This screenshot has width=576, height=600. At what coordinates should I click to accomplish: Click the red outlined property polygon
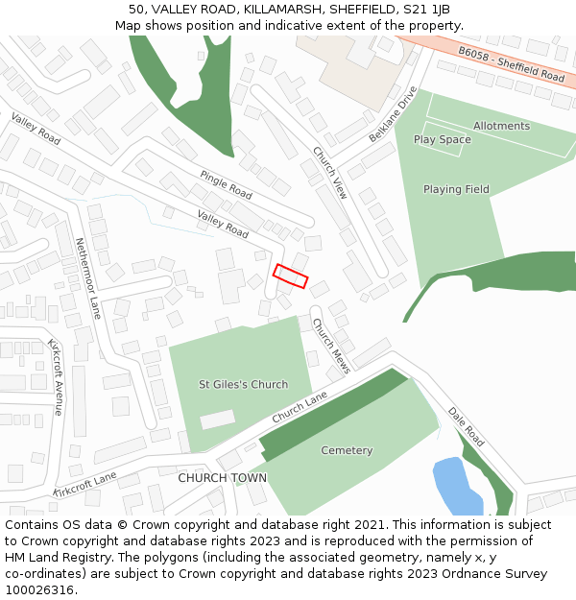point(291,276)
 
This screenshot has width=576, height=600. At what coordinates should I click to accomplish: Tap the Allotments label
point(501,126)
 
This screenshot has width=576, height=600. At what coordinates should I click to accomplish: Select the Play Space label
point(443,139)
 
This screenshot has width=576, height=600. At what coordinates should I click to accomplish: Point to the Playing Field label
point(456,189)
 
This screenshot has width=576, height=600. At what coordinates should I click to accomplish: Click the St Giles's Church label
point(243,384)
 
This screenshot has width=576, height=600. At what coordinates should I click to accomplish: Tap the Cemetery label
point(347,450)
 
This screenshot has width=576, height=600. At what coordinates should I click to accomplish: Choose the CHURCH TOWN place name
point(222,477)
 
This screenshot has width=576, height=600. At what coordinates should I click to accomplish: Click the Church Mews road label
point(332,345)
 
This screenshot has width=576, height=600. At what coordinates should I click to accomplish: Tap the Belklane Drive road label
point(394,114)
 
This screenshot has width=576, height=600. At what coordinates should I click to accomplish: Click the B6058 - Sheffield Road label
point(512,63)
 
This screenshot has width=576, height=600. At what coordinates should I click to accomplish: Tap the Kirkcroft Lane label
point(84,484)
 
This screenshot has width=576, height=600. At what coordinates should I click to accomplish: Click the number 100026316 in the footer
point(39,589)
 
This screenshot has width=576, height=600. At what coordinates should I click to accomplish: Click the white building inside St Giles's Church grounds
point(216,419)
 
